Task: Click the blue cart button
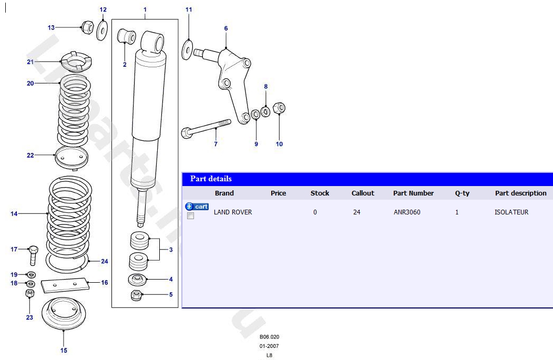197,207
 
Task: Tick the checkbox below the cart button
190,216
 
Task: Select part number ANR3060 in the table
407,212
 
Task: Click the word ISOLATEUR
511,212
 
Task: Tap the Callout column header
363,193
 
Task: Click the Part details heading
211,179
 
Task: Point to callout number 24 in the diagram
105,261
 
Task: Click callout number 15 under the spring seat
64,351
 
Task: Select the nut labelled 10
279,109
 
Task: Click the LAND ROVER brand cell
232,212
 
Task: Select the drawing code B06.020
269,337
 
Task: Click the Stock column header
320,193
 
